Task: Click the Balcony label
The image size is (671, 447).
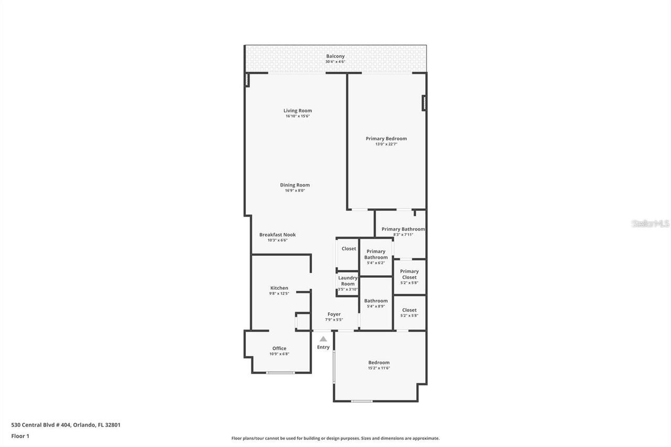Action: [335, 56]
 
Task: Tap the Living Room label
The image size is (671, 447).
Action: [298, 111]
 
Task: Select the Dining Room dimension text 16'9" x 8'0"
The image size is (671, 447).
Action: [295, 191]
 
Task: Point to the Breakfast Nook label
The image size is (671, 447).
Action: [277, 235]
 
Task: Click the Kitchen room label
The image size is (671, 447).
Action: [279, 288]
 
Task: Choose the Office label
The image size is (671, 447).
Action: [279, 348]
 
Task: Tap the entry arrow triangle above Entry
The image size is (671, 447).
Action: [323, 339]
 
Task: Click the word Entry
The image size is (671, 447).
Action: [323, 347]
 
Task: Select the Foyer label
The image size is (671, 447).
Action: [334, 314]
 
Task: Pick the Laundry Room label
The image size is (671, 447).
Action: [348, 281]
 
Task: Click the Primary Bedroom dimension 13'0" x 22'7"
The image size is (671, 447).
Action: [386, 144]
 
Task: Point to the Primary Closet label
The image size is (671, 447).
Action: [409, 274]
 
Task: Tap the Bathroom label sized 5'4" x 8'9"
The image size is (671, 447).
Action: [376, 301]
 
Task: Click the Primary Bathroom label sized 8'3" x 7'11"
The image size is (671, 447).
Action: [403, 229]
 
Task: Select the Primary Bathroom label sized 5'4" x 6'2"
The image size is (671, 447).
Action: [376, 254]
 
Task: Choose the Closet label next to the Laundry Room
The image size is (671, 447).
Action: [349, 249]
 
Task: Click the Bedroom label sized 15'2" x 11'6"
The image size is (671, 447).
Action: [378, 363]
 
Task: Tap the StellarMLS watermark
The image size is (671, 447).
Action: [650, 224]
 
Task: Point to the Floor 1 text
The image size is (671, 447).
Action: [20, 436]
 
